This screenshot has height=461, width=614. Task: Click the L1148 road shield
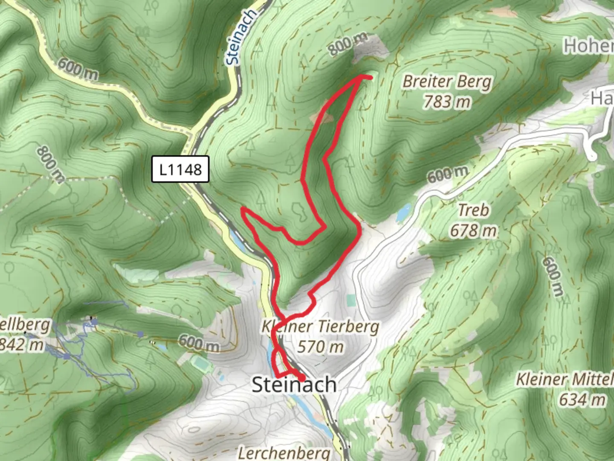(x=180, y=169)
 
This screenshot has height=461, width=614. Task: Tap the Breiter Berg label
(x=447, y=81)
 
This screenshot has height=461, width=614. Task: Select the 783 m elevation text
(x=447, y=102)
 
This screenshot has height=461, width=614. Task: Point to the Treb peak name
(x=473, y=210)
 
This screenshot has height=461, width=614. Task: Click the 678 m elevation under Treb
(x=473, y=230)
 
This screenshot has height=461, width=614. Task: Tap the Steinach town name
(x=294, y=385)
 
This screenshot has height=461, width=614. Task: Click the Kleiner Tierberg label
(x=320, y=327)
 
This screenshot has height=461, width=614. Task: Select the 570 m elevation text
(x=320, y=347)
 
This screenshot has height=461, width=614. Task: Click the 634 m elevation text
(x=582, y=400)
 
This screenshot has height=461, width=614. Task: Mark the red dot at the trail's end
(x=301, y=378)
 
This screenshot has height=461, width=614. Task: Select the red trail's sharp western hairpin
(x=243, y=209)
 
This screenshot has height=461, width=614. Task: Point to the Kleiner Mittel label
(x=565, y=379)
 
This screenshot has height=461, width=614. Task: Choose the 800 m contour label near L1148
(x=50, y=164)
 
